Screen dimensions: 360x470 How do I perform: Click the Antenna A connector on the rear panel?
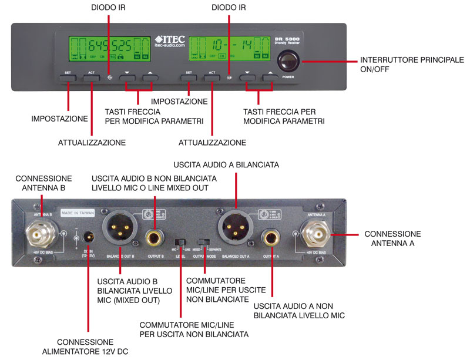316,235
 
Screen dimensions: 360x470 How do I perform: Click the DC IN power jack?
88,236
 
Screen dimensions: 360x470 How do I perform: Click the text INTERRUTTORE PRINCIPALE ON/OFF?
411,64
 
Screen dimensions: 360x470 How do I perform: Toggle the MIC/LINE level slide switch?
181,242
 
